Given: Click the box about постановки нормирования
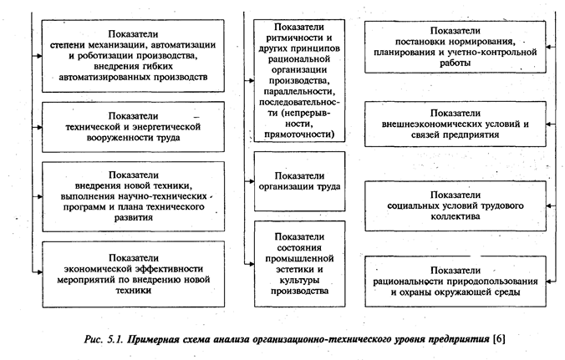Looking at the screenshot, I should tap(456, 48).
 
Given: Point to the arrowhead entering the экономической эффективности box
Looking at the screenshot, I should tap(36, 271).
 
